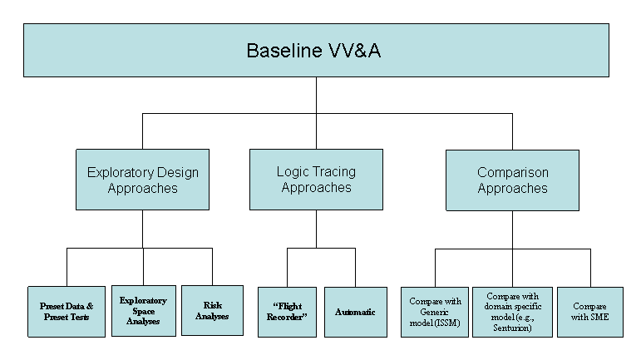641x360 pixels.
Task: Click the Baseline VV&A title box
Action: tap(316, 50)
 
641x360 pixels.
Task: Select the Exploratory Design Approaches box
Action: tap(142, 180)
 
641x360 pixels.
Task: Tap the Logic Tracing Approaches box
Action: tap(316, 180)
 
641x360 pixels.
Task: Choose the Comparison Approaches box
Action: tap(512, 180)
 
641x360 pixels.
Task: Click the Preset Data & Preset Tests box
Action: tap(67, 312)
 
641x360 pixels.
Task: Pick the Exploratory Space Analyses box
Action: tap(144, 311)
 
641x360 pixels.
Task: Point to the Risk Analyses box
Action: tap(212, 310)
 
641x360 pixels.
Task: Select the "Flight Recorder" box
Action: tap(287, 312)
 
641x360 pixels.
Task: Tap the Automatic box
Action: tap(356, 312)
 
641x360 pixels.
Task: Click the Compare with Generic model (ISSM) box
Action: tap(435, 312)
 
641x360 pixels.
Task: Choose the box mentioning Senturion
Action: tap(512, 312)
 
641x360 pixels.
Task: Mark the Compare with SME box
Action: tap(590, 312)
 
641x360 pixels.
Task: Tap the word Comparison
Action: tap(513, 172)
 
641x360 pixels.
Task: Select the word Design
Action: tap(177, 172)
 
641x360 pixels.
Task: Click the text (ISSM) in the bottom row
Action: tap(446, 323)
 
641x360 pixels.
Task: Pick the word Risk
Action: tap(213, 305)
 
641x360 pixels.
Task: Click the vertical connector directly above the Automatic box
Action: tap(355, 267)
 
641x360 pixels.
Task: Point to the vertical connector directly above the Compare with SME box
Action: tap(590, 268)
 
